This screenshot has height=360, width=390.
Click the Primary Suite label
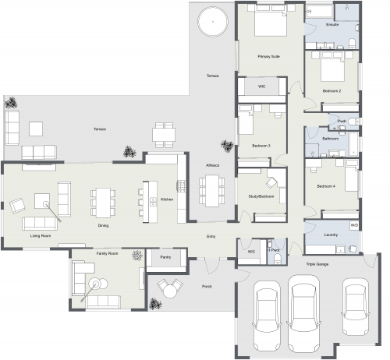click(269, 57)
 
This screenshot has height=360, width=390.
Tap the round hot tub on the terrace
click(211, 21)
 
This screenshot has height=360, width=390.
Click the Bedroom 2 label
click(331, 91)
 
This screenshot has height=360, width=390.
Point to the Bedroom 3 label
click(261, 146)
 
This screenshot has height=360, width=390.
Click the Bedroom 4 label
click(326, 187)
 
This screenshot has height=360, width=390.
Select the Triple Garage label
click(315, 265)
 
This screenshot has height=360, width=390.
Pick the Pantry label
click(165, 256)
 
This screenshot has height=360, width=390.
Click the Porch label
click(207, 286)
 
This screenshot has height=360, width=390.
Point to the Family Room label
click(107, 254)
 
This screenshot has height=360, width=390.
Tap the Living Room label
click(41, 235)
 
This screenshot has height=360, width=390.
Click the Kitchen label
click(166, 199)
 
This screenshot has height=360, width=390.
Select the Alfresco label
click(212, 165)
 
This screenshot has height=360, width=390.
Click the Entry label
click(211, 236)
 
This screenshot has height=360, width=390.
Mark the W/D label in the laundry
click(353, 225)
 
